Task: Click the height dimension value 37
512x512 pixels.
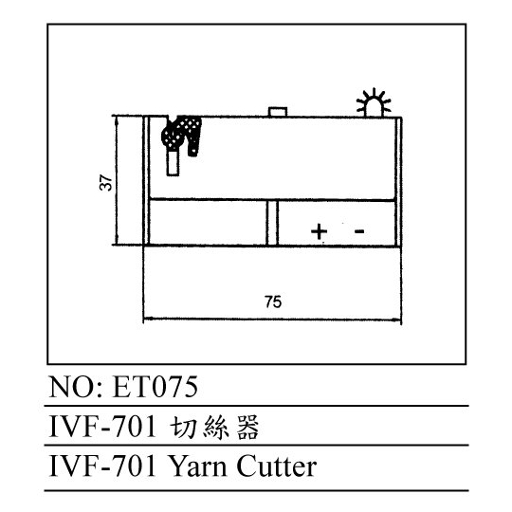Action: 106,183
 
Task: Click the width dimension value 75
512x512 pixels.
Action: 273,302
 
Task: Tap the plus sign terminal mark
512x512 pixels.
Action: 319,231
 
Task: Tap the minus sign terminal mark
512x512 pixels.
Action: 359,231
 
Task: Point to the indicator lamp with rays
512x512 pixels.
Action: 374,102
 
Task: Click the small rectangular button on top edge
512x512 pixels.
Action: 278,112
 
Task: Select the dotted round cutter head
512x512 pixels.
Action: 172,136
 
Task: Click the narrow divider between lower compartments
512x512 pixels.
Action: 272,223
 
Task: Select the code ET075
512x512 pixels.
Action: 155,387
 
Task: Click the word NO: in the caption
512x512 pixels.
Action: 76,387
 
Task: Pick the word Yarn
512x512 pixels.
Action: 198,466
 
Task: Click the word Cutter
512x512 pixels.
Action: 276,466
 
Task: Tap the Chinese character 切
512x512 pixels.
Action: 183,427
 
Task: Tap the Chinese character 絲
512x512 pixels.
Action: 215,427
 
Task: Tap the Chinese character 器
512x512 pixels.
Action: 247,427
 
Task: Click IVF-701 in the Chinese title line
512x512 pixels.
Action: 102,427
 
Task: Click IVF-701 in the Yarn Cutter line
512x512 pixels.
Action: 102,466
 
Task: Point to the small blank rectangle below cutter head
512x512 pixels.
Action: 173,163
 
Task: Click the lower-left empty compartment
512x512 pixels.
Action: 208,223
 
